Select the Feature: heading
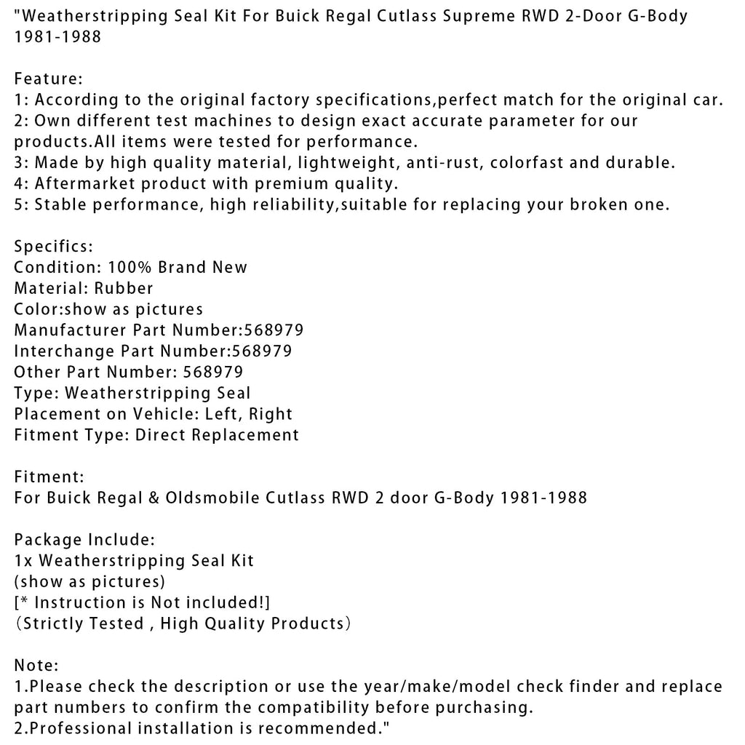(x=49, y=79)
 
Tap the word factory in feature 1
(x=266, y=100)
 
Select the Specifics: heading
(x=53, y=246)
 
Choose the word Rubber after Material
(x=124, y=288)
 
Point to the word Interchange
(x=65, y=351)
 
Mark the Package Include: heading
(x=84, y=540)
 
